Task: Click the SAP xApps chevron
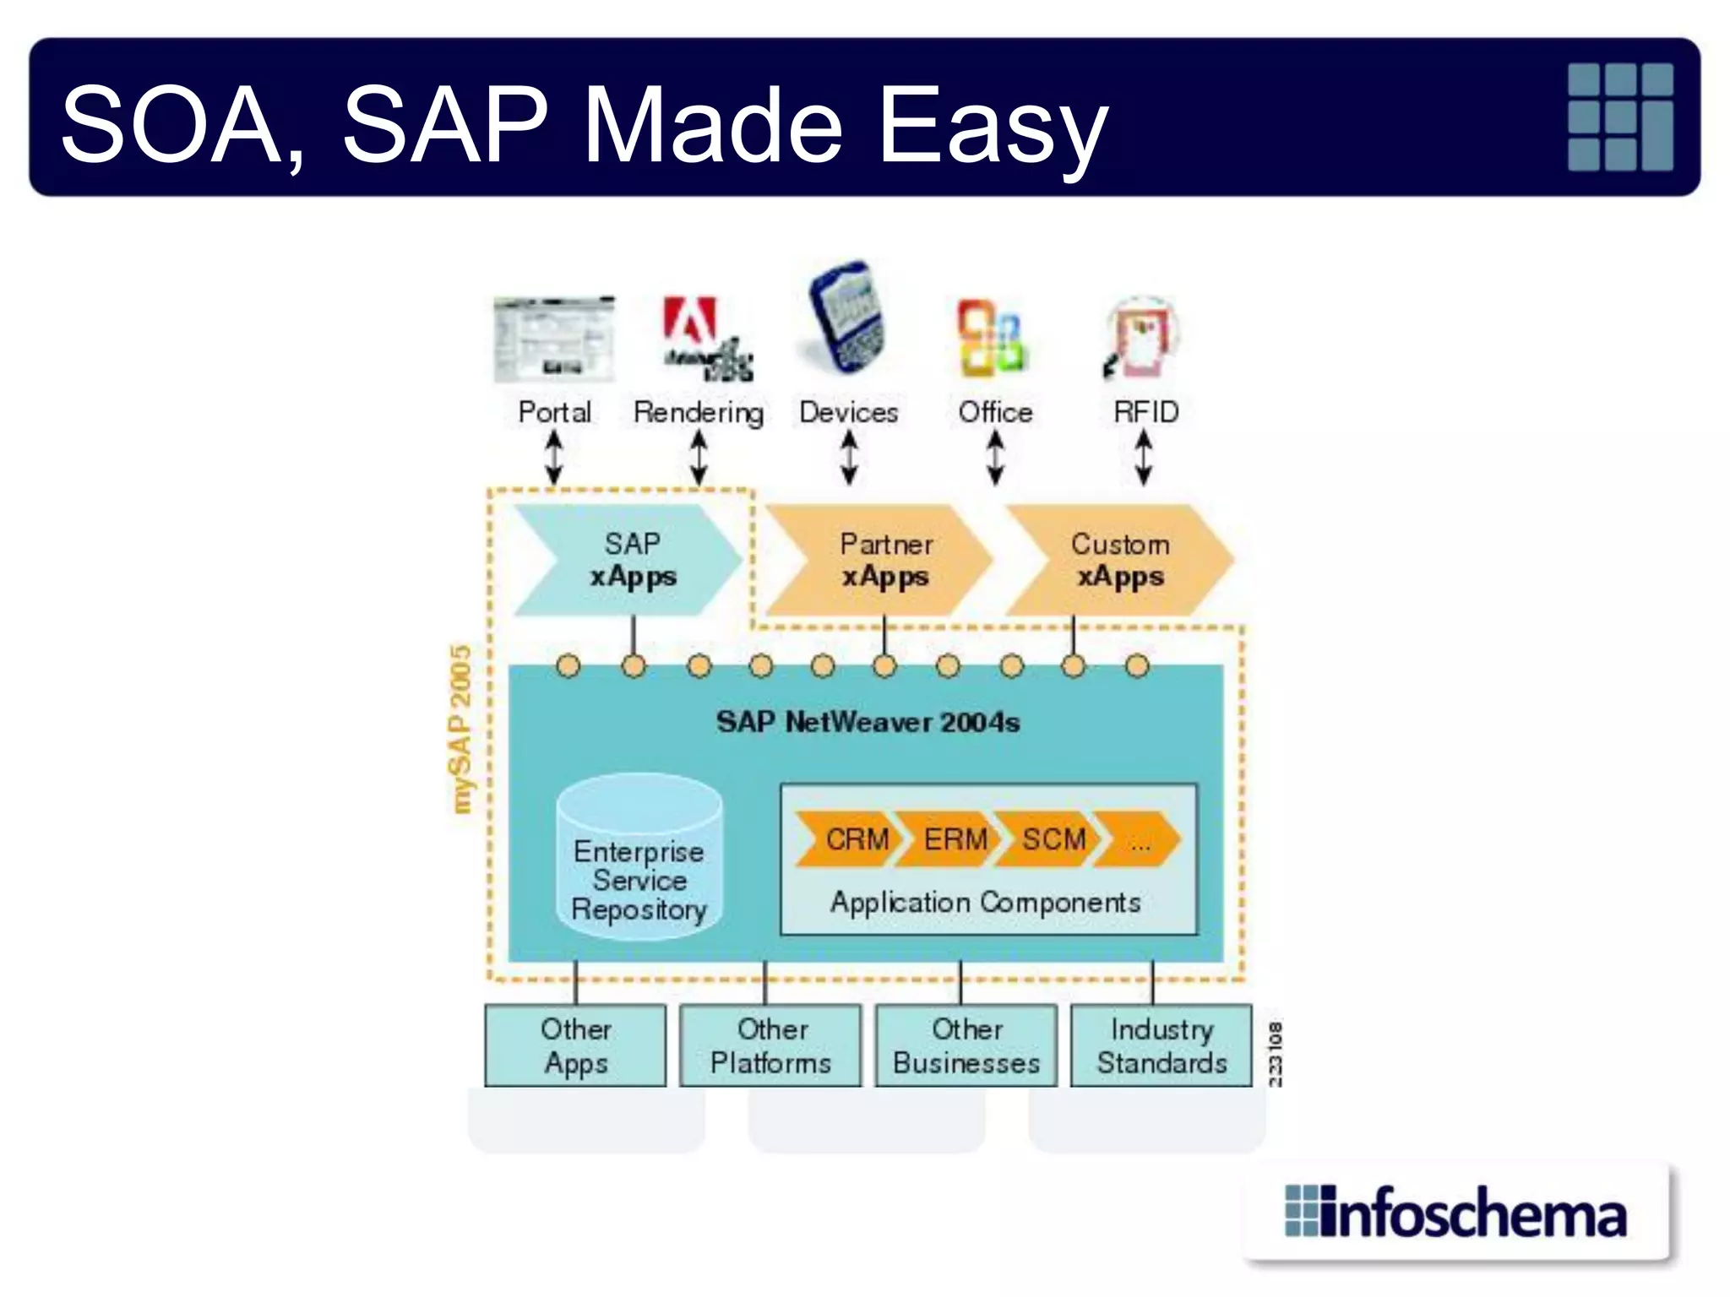[629, 560]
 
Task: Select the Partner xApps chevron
[883, 560]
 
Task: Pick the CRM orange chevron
[848, 839]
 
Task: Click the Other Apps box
[575, 1045]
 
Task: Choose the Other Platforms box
[770, 1045]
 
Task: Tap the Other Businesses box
[966, 1045]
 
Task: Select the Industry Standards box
[1161, 1045]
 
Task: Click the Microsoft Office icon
[993, 338]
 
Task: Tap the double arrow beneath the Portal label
[554, 457]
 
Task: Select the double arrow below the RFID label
[1143, 457]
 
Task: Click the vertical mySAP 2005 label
[460, 730]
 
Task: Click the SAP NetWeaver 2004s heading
[868, 722]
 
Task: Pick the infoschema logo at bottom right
[1456, 1213]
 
